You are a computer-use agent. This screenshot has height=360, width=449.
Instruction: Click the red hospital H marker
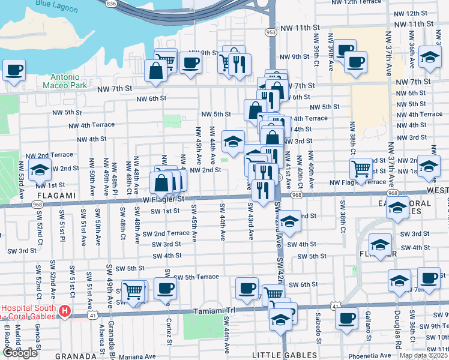[64, 312]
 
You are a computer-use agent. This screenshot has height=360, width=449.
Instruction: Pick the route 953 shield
[271, 31]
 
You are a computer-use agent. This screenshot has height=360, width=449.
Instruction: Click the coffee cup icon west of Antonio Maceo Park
[14, 70]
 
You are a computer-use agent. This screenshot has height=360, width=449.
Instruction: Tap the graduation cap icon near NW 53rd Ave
[40, 171]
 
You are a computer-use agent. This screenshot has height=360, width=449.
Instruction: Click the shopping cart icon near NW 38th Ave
[361, 169]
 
